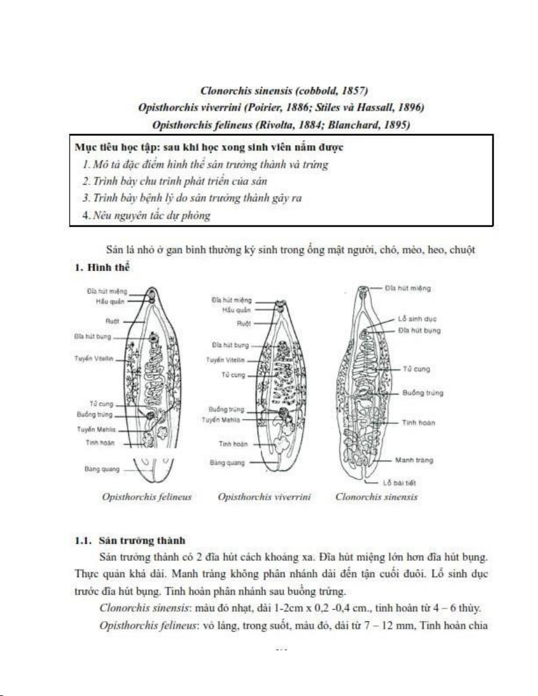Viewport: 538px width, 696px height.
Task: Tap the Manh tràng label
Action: [x=414, y=460]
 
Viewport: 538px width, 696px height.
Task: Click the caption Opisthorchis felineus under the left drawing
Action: [x=147, y=497]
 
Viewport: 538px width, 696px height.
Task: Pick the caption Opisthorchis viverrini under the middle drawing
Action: [x=264, y=497]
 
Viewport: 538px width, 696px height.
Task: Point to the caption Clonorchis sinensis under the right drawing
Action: [x=376, y=497]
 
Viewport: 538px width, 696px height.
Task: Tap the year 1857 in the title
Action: [x=355, y=91]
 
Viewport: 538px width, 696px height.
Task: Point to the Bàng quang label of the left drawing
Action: [x=97, y=469]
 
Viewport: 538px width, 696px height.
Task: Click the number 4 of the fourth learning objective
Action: [x=86, y=215]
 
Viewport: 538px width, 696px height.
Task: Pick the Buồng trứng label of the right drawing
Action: [x=422, y=393]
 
